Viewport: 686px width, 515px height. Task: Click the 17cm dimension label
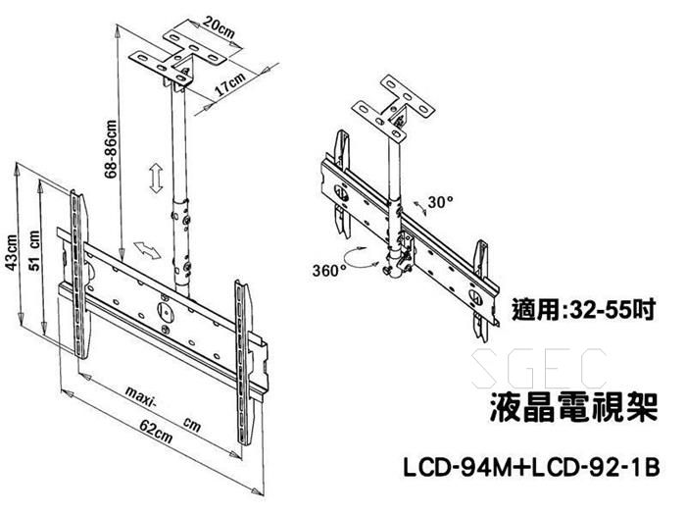[x=228, y=85]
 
